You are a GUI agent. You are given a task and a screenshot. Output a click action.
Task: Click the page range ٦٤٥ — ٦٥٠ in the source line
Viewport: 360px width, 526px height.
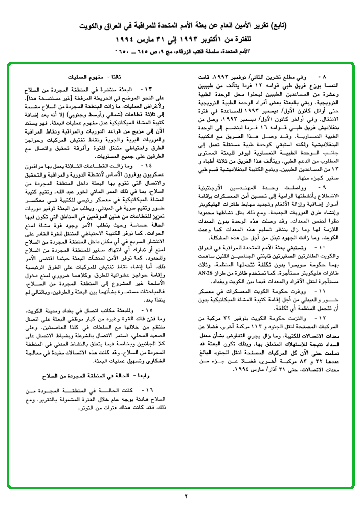[x=132, y=51]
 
